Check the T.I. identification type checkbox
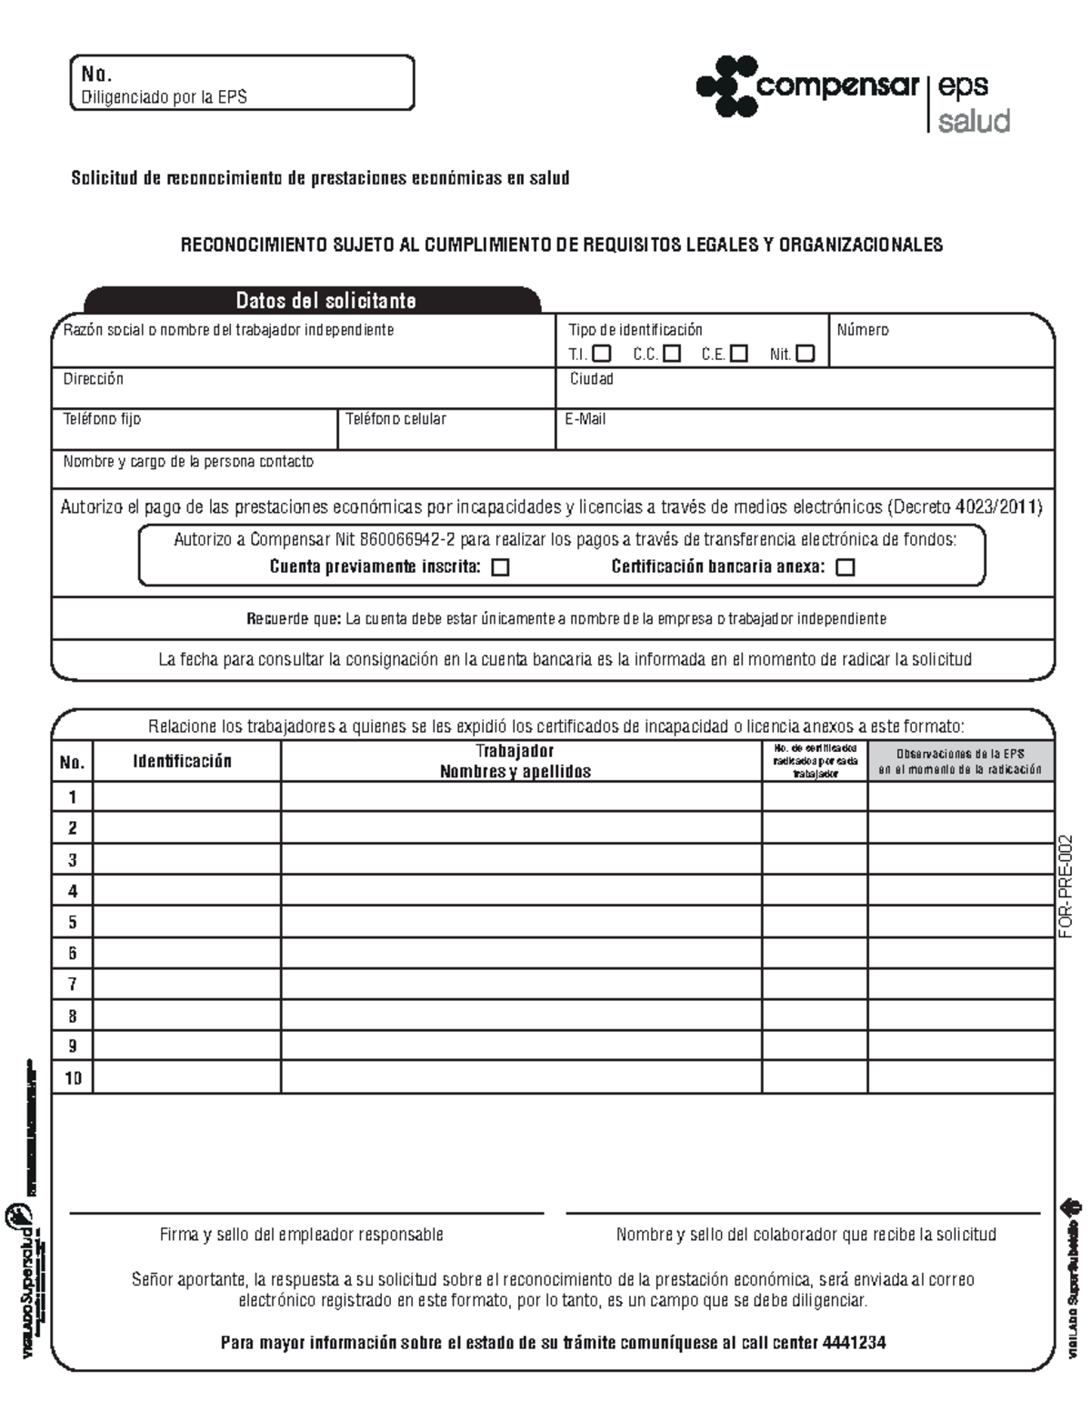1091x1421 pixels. [x=601, y=354]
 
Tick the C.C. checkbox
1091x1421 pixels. [x=672, y=354]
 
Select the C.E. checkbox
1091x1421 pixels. [x=738, y=354]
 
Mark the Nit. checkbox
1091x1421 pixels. [x=805, y=354]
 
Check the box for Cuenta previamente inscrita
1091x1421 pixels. [x=500, y=567]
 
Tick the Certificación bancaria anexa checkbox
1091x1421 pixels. [x=845, y=567]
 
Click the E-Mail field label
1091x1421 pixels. [x=585, y=419]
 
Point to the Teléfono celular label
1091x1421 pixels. [x=395, y=419]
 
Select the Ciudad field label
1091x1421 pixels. [x=591, y=379]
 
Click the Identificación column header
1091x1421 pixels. [x=183, y=762]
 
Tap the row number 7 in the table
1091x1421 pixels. [x=73, y=985]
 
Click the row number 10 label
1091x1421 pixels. [x=73, y=1078]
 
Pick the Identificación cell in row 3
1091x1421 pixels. [x=186, y=859]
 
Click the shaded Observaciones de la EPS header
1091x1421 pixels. [x=960, y=762]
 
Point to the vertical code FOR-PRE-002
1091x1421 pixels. [x=1066, y=886]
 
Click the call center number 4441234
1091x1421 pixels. [x=854, y=1343]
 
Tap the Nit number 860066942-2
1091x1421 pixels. [x=407, y=539]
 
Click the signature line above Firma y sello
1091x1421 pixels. [x=306, y=1213]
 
